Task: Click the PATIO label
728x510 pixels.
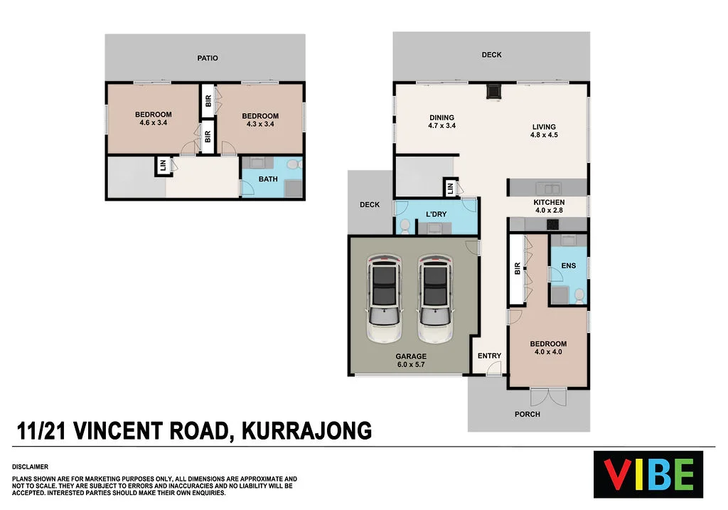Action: tap(208, 58)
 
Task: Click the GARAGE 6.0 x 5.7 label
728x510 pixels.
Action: tap(411, 361)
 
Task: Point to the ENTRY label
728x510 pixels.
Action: tap(489, 356)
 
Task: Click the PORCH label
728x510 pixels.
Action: tap(527, 414)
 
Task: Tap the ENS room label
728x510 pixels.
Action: tap(568, 266)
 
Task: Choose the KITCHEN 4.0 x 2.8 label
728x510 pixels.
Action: tap(548, 206)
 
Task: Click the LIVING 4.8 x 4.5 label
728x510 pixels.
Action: tap(544, 132)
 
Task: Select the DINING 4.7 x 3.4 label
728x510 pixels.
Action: tap(441, 122)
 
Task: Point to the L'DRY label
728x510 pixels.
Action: tap(436, 214)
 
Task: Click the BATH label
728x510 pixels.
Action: tap(268, 179)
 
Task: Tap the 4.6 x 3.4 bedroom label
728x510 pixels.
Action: tap(153, 119)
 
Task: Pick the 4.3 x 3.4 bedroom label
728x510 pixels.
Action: tap(259, 120)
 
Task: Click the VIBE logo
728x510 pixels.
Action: tap(648, 474)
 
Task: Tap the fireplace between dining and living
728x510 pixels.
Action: tap(493, 91)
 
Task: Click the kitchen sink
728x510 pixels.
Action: tap(549, 188)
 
